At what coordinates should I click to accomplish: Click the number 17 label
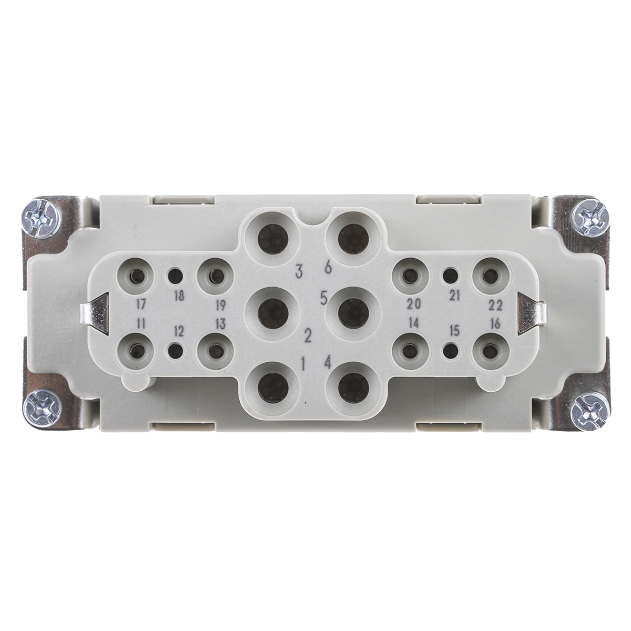click(141, 304)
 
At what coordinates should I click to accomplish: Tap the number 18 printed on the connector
click(179, 296)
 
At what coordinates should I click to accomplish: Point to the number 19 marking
click(221, 305)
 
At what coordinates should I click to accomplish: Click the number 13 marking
click(221, 323)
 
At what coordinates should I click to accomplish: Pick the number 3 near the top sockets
click(299, 271)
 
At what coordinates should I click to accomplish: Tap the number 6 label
click(328, 268)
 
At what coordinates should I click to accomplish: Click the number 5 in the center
click(323, 298)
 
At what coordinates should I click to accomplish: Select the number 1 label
click(303, 362)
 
